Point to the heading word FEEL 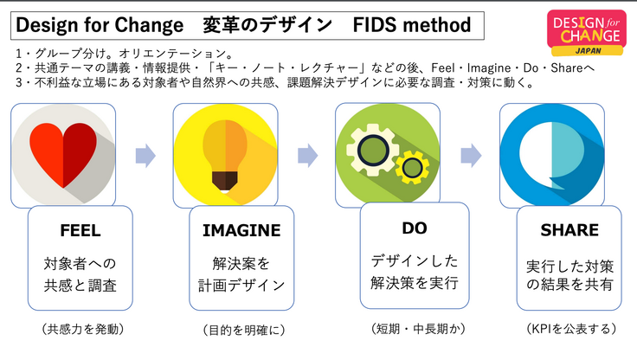point(80,231)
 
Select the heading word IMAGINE point(241,231)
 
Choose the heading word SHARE point(569,231)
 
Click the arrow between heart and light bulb point(146,156)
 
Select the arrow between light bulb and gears point(308,156)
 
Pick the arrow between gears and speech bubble point(471,156)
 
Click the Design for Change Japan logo point(588,32)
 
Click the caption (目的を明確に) point(243,330)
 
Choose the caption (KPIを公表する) point(569,330)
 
